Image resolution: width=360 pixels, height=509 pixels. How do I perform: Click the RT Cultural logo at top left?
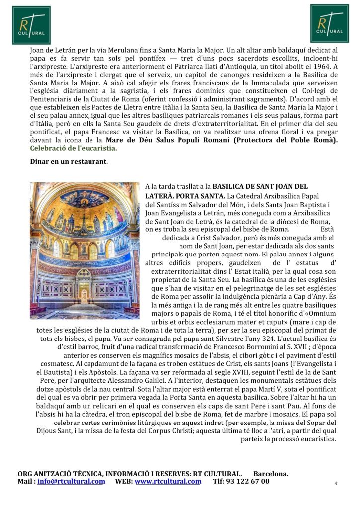[x=31, y=25]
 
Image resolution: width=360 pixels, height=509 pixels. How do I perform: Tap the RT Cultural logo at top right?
[x=329, y=24]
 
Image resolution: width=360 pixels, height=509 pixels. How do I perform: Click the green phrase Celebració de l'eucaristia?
[x=74, y=148]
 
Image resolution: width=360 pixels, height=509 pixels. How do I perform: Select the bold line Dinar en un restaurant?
[x=68, y=162]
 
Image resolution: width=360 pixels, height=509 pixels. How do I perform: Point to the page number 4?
[x=336, y=483]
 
